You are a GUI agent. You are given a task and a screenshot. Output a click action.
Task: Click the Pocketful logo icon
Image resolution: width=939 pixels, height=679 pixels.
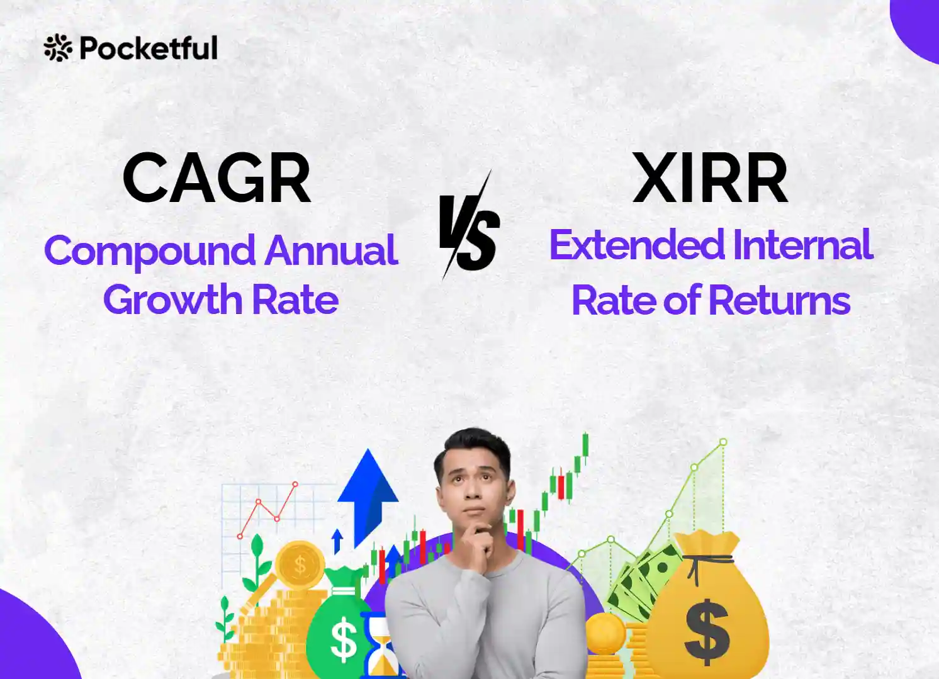[x=58, y=48]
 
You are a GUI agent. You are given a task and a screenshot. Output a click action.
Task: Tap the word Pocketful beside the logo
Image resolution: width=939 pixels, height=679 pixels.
[x=149, y=48]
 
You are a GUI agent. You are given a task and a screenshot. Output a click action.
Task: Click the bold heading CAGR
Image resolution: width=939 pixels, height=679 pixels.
[x=216, y=177]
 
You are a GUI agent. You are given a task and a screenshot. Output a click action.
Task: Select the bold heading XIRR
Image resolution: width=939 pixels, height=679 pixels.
[x=710, y=177]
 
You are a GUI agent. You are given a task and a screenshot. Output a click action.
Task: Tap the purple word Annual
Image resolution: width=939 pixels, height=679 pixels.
[x=332, y=250]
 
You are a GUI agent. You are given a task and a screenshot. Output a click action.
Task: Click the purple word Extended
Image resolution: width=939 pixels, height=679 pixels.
[x=637, y=245]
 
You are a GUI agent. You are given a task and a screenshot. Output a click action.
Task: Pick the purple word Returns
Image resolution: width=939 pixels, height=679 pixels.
[x=780, y=300]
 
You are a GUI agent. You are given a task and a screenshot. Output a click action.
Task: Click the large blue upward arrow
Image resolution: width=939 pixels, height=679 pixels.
[x=368, y=499]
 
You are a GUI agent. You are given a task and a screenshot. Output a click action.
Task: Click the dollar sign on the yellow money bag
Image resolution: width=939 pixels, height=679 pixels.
[x=707, y=632]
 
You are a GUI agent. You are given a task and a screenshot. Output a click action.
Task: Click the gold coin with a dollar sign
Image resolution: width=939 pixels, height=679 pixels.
[x=300, y=565]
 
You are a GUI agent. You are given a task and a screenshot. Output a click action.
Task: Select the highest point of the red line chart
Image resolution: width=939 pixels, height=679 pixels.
[x=295, y=484]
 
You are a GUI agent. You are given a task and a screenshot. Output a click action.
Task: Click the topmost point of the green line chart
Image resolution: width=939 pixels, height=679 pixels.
[x=723, y=442]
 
